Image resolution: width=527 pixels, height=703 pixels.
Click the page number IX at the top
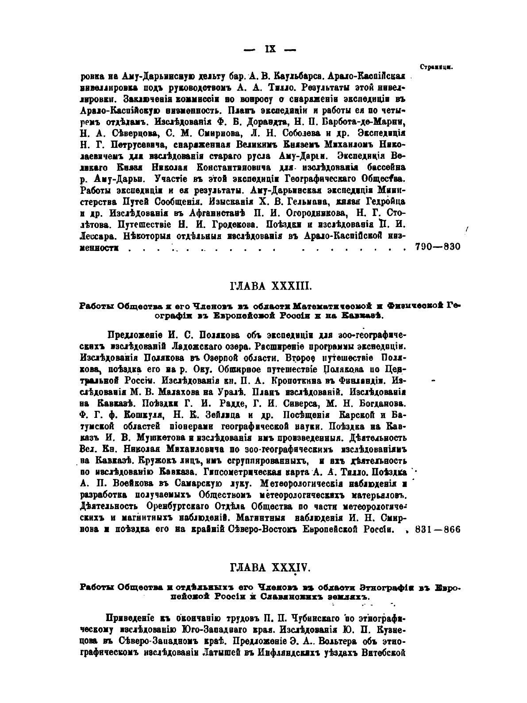pyautogui.click(x=269, y=50)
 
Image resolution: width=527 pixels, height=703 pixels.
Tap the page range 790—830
pyautogui.click(x=439, y=247)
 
